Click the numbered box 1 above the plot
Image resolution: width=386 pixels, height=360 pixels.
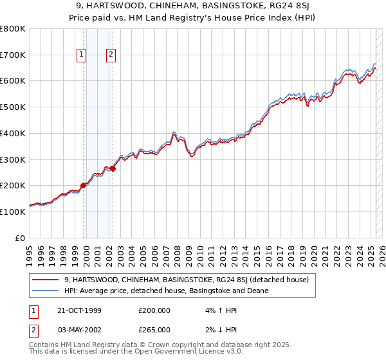tap(82, 55)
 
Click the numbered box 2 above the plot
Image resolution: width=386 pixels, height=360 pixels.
tap(111, 55)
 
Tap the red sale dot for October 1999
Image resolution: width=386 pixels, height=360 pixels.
tap(83, 185)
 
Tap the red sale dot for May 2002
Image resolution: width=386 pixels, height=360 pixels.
tap(113, 168)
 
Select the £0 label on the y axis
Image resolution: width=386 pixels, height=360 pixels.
tap(21, 238)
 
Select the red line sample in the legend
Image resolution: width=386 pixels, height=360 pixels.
tap(45, 280)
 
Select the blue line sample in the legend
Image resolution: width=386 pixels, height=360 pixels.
tap(45, 291)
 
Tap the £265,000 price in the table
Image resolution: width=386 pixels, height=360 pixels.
tap(154, 329)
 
